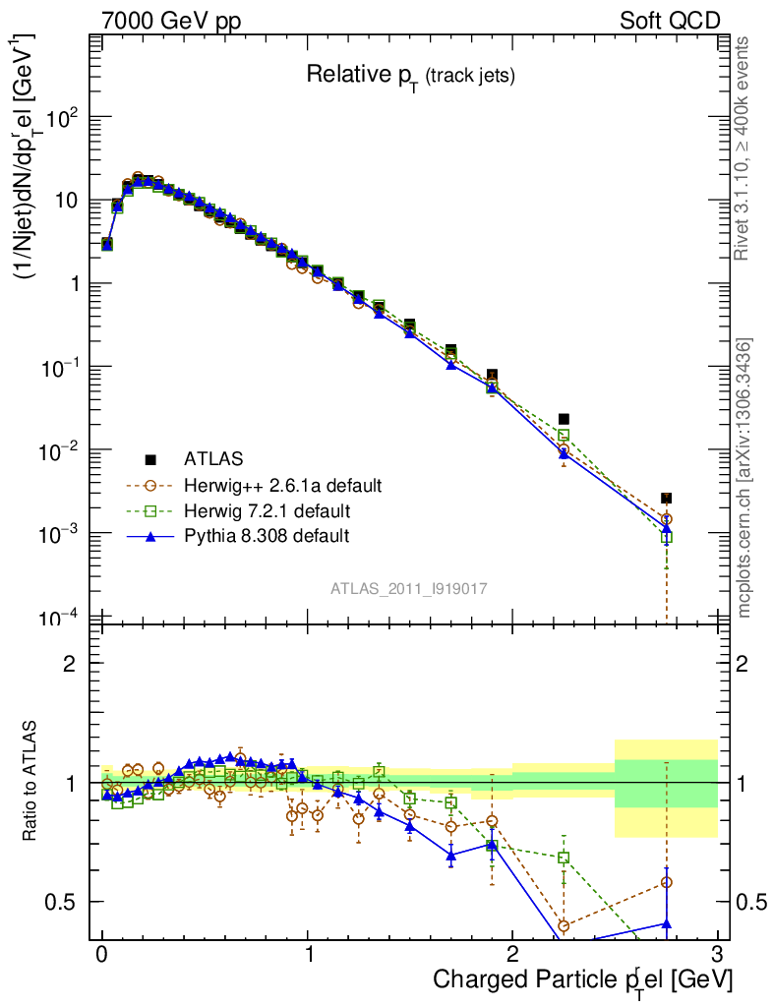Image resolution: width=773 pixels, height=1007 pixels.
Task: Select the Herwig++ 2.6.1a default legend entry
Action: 282,485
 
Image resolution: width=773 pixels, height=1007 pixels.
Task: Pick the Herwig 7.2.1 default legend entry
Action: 268,511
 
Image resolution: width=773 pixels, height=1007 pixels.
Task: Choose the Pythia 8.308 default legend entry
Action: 267,536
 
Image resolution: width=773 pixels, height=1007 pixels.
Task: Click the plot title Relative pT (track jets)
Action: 410,76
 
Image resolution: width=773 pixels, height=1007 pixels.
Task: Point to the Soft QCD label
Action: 669,21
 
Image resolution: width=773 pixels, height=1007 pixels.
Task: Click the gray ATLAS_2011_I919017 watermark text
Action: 409,588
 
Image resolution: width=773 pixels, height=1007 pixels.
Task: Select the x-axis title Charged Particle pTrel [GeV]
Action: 582,979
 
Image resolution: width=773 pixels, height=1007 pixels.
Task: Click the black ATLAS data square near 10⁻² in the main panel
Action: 564,419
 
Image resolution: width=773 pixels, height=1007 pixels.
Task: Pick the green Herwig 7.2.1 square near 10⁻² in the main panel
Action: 564,435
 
